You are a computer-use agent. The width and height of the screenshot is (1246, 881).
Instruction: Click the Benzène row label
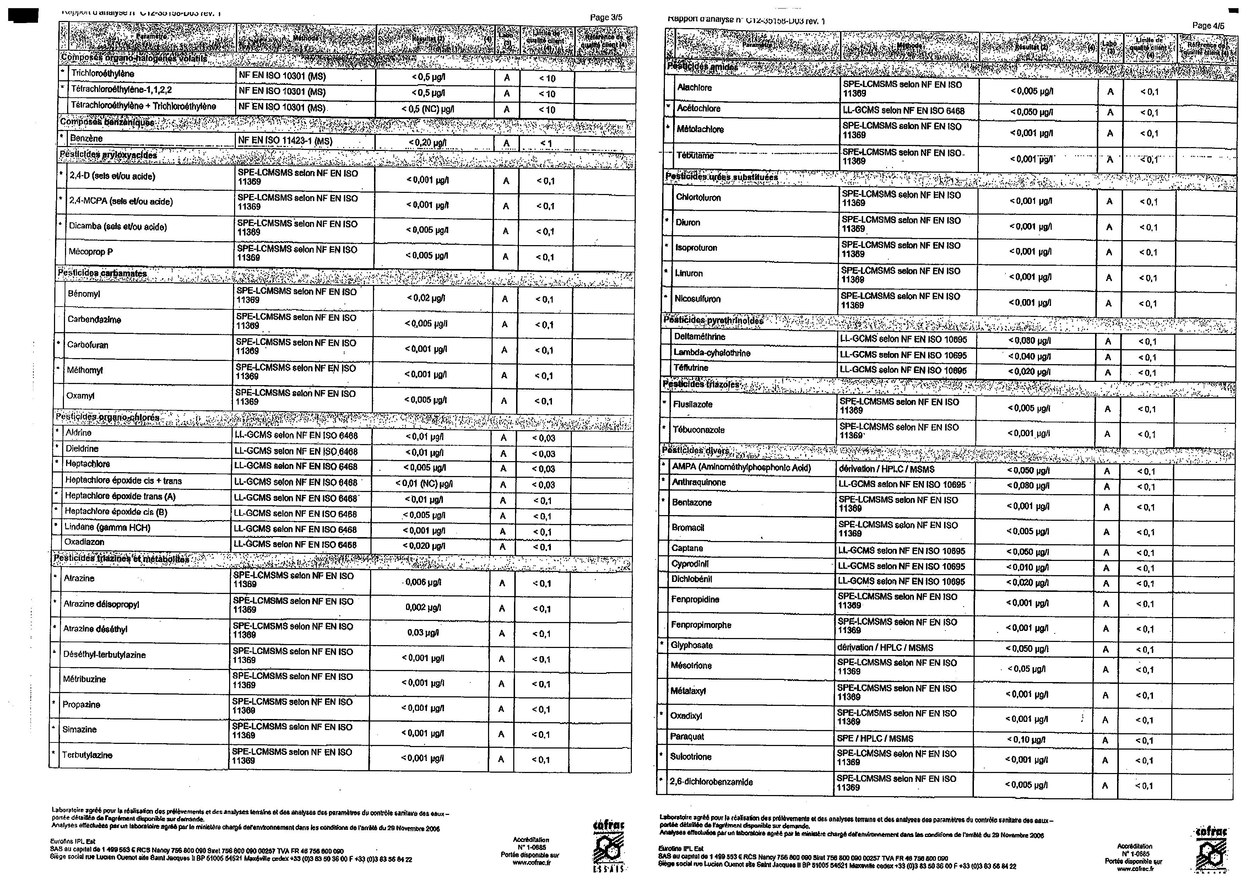point(86,139)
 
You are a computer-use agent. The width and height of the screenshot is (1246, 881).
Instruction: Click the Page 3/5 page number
point(606,17)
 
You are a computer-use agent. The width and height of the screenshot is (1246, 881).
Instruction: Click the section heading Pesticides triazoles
point(700,384)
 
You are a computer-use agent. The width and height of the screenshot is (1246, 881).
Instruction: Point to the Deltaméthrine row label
point(699,336)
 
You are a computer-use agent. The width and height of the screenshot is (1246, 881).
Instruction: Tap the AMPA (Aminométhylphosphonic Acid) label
point(741,467)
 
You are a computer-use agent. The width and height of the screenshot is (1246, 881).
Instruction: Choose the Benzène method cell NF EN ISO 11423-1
point(285,141)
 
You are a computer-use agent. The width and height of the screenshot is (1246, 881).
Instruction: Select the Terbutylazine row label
point(87,755)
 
